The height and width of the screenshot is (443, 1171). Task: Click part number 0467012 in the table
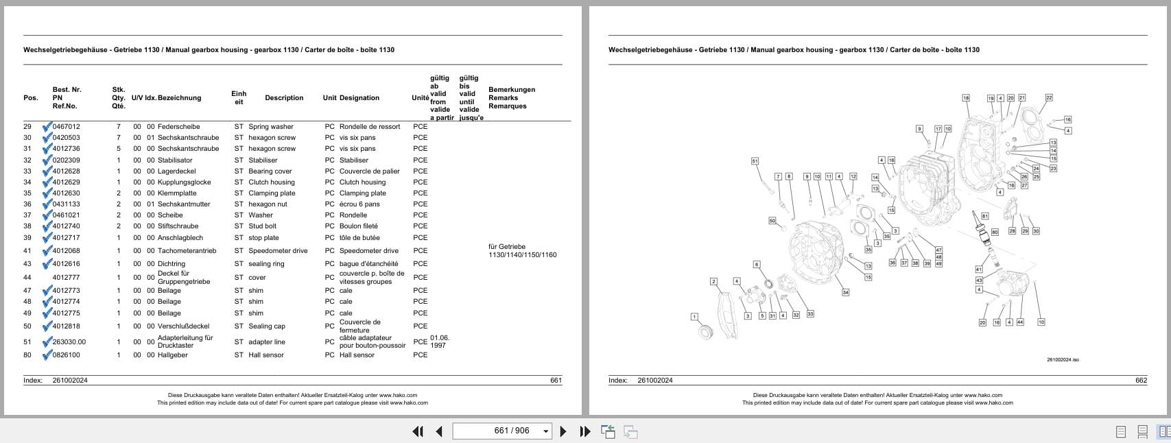click(66, 127)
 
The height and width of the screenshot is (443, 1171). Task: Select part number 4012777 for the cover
click(66, 278)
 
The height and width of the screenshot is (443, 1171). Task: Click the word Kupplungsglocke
click(184, 182)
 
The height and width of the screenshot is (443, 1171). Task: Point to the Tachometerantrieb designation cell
click(187, 251)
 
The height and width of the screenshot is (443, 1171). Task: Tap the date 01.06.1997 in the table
click(439, 342)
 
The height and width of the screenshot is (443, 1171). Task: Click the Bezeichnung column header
click(179, 98)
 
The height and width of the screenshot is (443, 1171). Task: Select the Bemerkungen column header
click(512, 90)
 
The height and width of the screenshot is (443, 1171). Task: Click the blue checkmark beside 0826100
click(47, 355)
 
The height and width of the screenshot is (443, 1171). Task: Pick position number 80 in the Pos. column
click(27, 355)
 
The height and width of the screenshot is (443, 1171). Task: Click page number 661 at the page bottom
click(556, 381)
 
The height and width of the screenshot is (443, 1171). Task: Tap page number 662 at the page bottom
click(1141, 381)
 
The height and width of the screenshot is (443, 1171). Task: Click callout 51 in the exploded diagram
click(755, 161)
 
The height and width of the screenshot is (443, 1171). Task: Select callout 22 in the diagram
click(1049, 98)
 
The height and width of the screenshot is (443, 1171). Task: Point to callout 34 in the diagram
click(845, 293)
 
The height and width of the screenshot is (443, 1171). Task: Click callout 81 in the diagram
click(985, 216)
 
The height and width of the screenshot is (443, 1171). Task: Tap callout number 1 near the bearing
click(694, 317)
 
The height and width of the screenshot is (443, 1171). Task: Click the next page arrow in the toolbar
click(563, 431)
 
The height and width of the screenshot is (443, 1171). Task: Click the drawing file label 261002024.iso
click(1063, 360)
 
